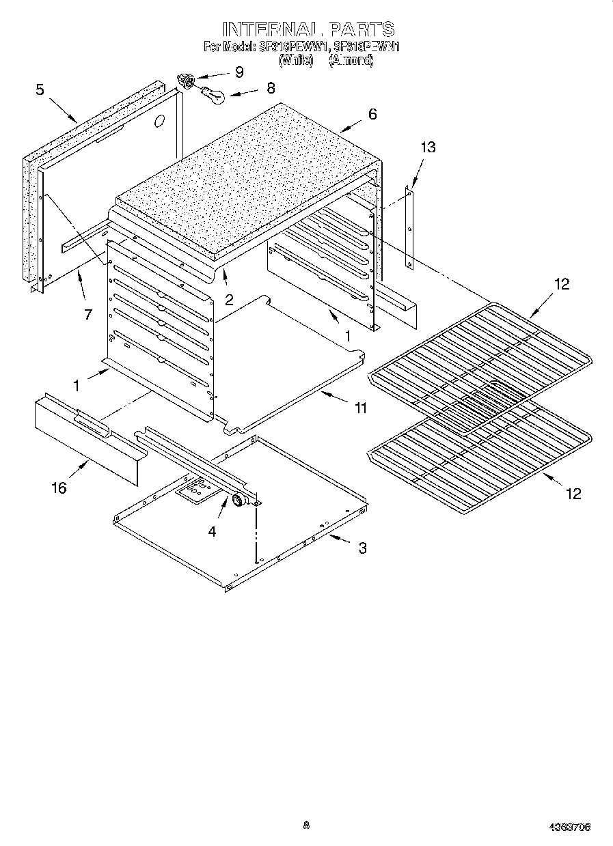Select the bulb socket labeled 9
185,81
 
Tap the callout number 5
40,89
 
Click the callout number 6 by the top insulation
372,114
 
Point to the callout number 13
428,147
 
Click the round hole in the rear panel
159,122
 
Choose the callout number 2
229,298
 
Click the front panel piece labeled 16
85,438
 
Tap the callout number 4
213,531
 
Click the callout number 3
362,548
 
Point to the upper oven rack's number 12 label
561,285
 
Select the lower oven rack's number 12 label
573,493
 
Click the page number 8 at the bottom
306,825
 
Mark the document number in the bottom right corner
570,827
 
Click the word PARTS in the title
362,29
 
